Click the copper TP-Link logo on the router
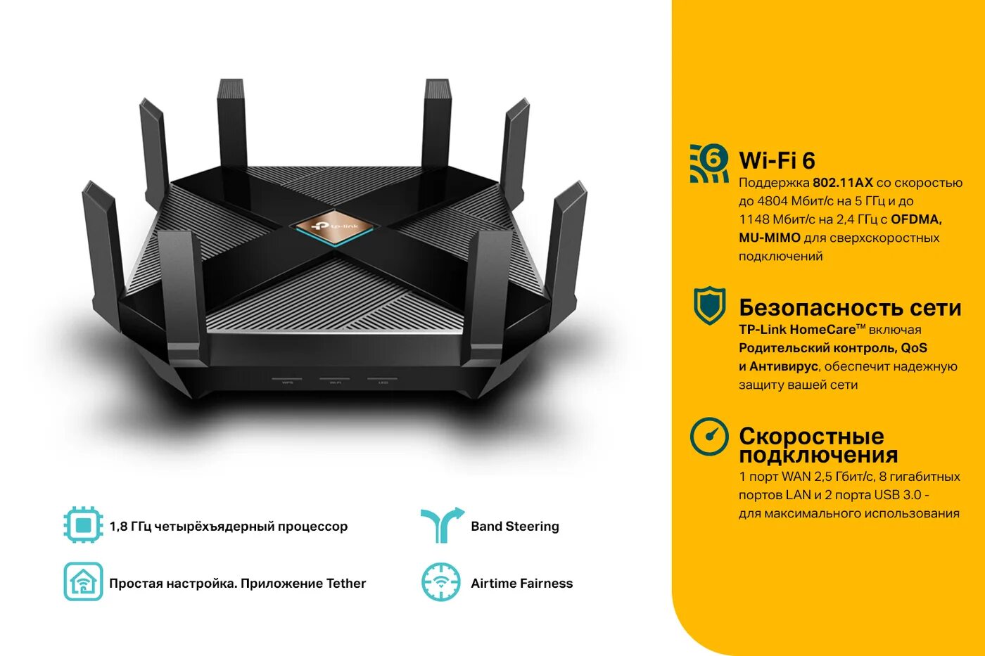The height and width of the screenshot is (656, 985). (x=334, y=226)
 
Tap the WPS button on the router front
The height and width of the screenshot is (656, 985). (x=287, y=380)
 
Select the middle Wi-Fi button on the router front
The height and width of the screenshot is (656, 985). (x=334, y=380)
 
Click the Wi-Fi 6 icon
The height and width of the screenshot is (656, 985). (x=709, y=163)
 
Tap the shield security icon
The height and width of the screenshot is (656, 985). (x=709, y=305)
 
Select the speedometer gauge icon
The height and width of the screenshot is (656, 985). (x=709, y=437)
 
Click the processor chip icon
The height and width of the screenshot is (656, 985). (x=83, y=525)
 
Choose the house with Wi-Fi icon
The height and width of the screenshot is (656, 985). (x=83, y=582)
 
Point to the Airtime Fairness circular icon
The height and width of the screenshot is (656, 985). (x=441, y=582)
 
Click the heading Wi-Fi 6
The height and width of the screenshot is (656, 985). (x=777, y=160)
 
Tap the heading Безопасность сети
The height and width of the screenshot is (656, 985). (x=849, y=307)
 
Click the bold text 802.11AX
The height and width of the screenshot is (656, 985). (x=842, y=183)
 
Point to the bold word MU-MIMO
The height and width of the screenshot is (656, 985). (x=769, y=238)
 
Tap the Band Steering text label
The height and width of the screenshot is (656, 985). (x=515, y=526)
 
